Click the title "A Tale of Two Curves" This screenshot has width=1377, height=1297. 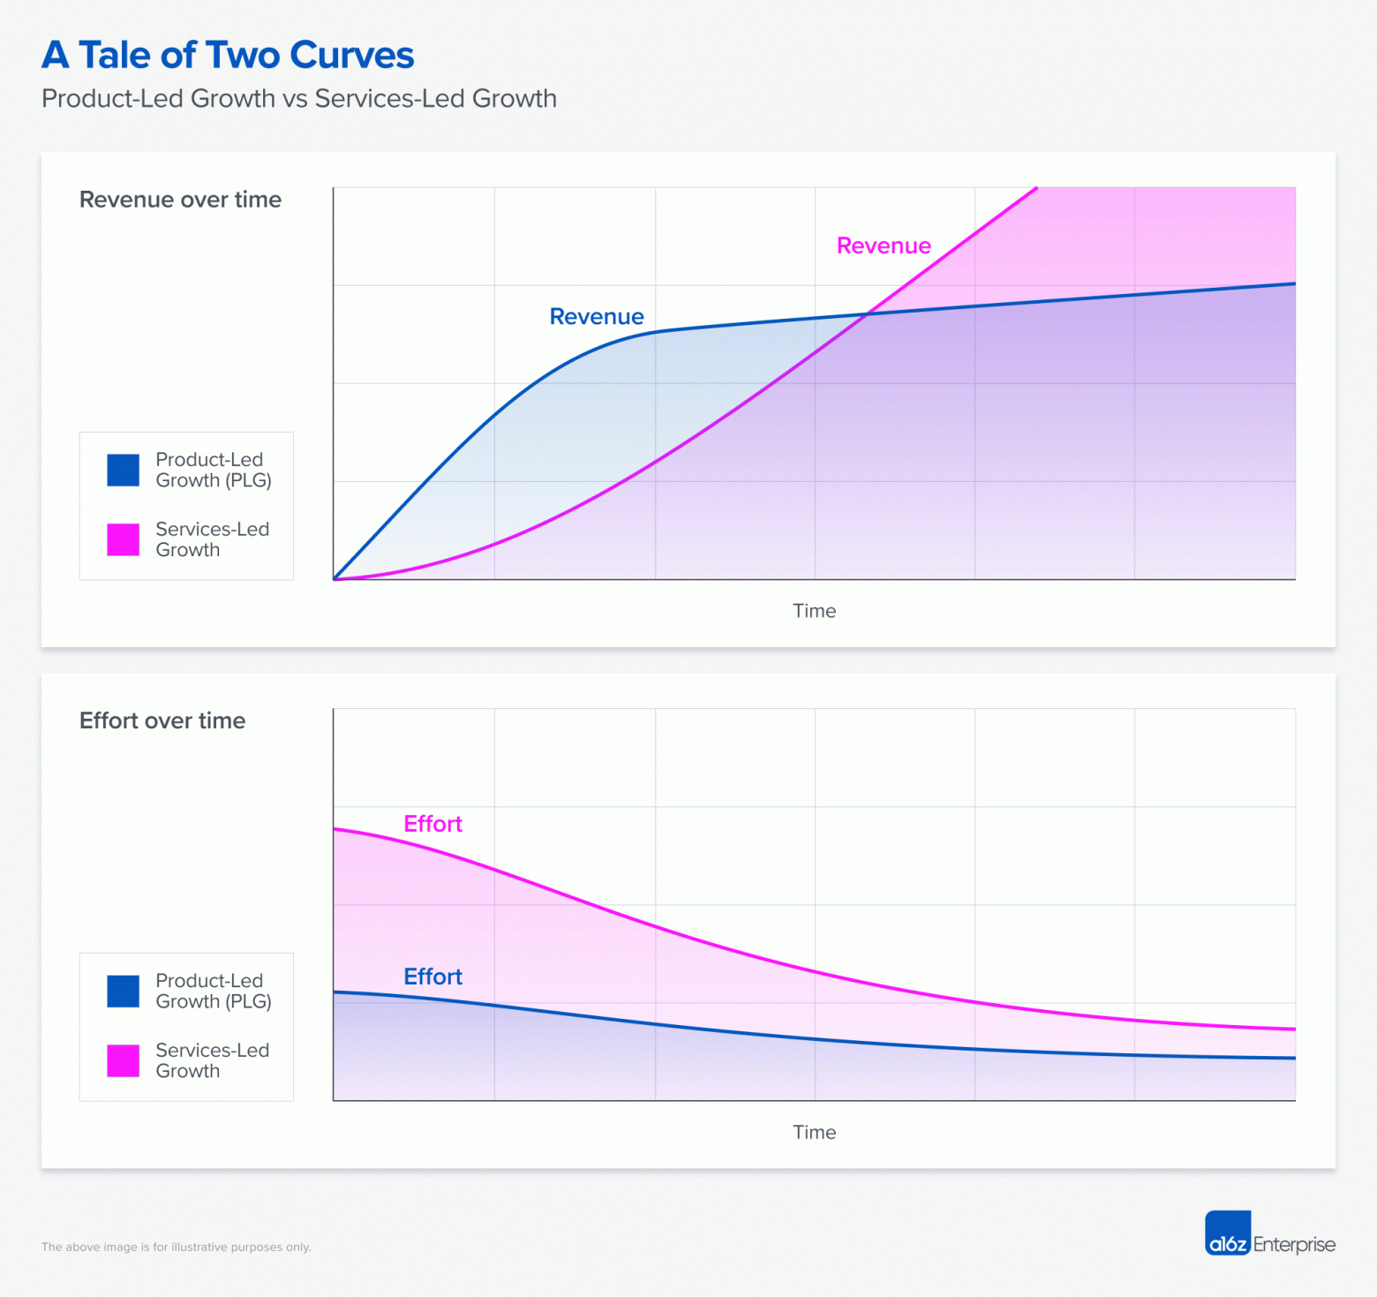click(x=228, y=55)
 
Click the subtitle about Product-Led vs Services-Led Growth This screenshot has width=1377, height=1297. click(x=298, y=98)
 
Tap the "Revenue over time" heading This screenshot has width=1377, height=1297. click(x=180, y=200)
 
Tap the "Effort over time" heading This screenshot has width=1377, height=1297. click(x=162, y=720)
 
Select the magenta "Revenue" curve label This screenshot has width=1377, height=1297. click(x=884, y=245)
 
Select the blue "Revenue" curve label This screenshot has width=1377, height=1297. click(x=597, y=316)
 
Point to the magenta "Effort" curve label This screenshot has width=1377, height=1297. click(x=433, y=824)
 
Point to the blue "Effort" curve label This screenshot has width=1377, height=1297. click(x=433, y=977)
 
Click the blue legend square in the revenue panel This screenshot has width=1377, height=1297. click(x=124, y=470)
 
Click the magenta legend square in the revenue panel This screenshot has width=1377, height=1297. click(x=124, y=539)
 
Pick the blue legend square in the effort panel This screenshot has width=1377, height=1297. click(x=124, y=991)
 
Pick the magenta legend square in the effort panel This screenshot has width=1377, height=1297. click(x=124, y=1060)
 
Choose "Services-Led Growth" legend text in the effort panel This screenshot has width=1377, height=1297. click(x=212, y=1060)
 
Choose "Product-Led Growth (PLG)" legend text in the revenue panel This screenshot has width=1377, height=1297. click(x=213, y=470)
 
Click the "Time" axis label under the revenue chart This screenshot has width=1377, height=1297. click(x=814, y=611)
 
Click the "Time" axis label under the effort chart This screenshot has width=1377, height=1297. click(x=814, y=1132)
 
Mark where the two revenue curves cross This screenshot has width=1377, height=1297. click(x=868, y=313)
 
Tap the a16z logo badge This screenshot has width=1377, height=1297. click(x=1228, y=1233)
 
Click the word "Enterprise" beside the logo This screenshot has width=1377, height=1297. click(x=1294, y=1244)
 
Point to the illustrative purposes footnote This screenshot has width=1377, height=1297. click(x=177, y=1247)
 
